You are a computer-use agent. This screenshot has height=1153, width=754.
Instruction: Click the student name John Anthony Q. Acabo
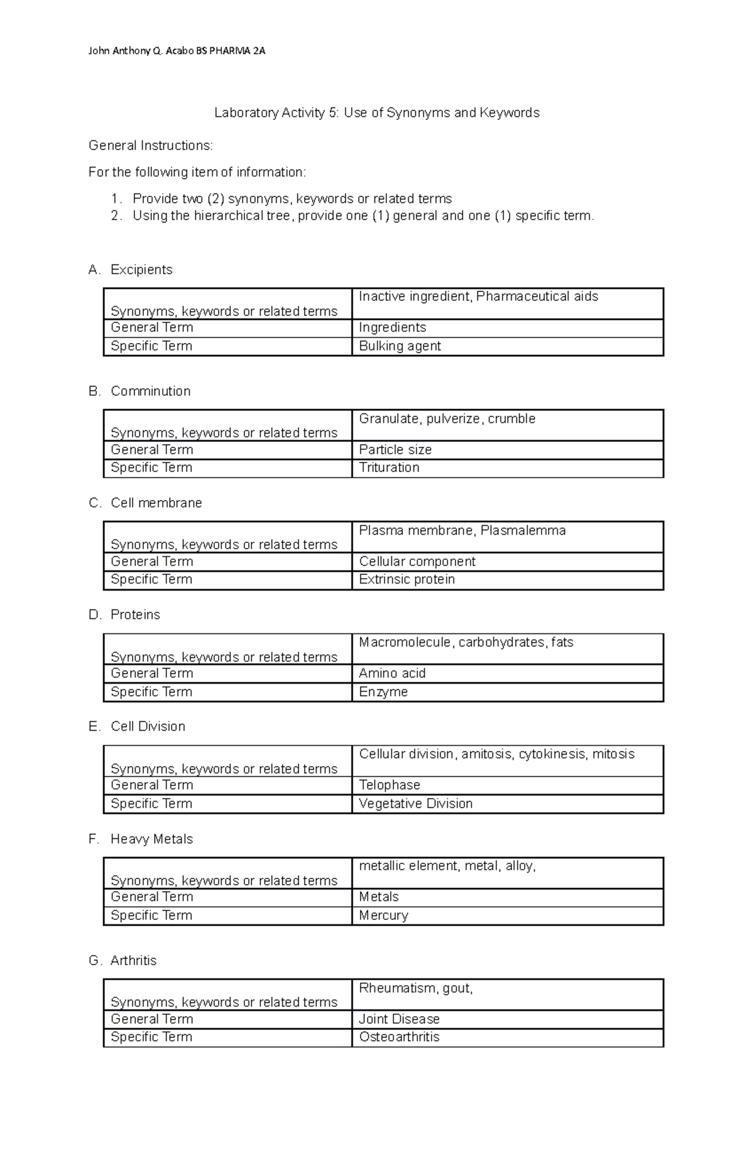(141, 51)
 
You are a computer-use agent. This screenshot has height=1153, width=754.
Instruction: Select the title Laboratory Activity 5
(376, 113)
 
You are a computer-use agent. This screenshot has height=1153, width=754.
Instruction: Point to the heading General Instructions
(151, 146)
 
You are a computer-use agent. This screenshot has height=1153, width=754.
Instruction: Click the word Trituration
(389, 467)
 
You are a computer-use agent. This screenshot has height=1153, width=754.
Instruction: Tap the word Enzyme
(383, 692)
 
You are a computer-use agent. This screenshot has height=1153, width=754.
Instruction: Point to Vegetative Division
(415, 804)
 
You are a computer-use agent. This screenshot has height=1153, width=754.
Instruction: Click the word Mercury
(383, 915)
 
